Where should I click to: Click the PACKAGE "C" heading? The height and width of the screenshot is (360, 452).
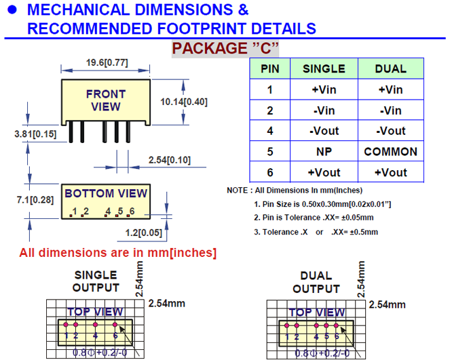coord(225,48)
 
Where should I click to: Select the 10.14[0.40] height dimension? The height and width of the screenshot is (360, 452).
coord(183,102)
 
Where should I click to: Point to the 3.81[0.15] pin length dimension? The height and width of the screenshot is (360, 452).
coord(35,134)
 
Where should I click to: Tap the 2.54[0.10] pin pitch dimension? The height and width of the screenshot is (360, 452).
coord(169,160)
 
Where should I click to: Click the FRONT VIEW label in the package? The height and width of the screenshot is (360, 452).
coord(106,100)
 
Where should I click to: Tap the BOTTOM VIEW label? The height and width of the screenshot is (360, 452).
coord(106,194)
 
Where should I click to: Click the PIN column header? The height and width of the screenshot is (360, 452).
coord(270,68)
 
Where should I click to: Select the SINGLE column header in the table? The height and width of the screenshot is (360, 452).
coord(324,68)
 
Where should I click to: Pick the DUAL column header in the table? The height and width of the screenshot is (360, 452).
coord(390,68)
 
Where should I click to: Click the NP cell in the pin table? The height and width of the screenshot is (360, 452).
coord(324,152)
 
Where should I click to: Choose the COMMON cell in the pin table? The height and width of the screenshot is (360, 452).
coord(390,152)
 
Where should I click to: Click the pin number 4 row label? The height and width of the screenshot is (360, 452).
coord(270,131)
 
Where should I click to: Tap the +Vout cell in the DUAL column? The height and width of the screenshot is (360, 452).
coord(390,172)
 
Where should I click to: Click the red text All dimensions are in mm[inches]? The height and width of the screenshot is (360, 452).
coord(118,253)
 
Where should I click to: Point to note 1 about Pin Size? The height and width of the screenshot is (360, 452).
coord(322,204)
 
